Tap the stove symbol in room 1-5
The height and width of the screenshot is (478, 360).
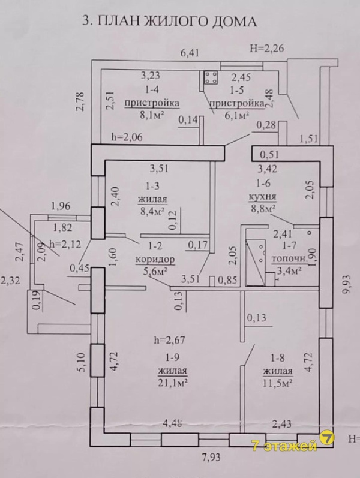click(211, 77)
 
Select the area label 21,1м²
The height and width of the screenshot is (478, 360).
click(172, 383)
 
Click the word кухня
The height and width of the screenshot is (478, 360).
click(263, 196)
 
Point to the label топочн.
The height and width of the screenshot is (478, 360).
click(289, 259)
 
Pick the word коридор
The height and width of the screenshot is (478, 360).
click(155, 260)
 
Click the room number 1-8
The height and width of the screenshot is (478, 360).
click(278, 358)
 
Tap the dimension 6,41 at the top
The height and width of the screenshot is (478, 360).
click(190, 53)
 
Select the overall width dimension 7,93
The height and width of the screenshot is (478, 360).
click(211, 458)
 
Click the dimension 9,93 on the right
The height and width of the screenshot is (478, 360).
click(347, 284)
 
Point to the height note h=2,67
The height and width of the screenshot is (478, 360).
click(169, 339)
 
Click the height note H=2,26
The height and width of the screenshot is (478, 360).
click(266, 48)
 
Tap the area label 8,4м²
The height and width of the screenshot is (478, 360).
click(152, 211)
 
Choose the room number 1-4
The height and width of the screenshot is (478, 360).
click(151, 89)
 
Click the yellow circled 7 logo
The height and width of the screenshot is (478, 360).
click(327, 438)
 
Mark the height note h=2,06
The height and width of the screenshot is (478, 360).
click(127, 137)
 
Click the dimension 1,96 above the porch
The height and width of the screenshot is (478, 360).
click(61, 206)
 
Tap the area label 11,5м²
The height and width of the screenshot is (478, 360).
click(278, 383)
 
